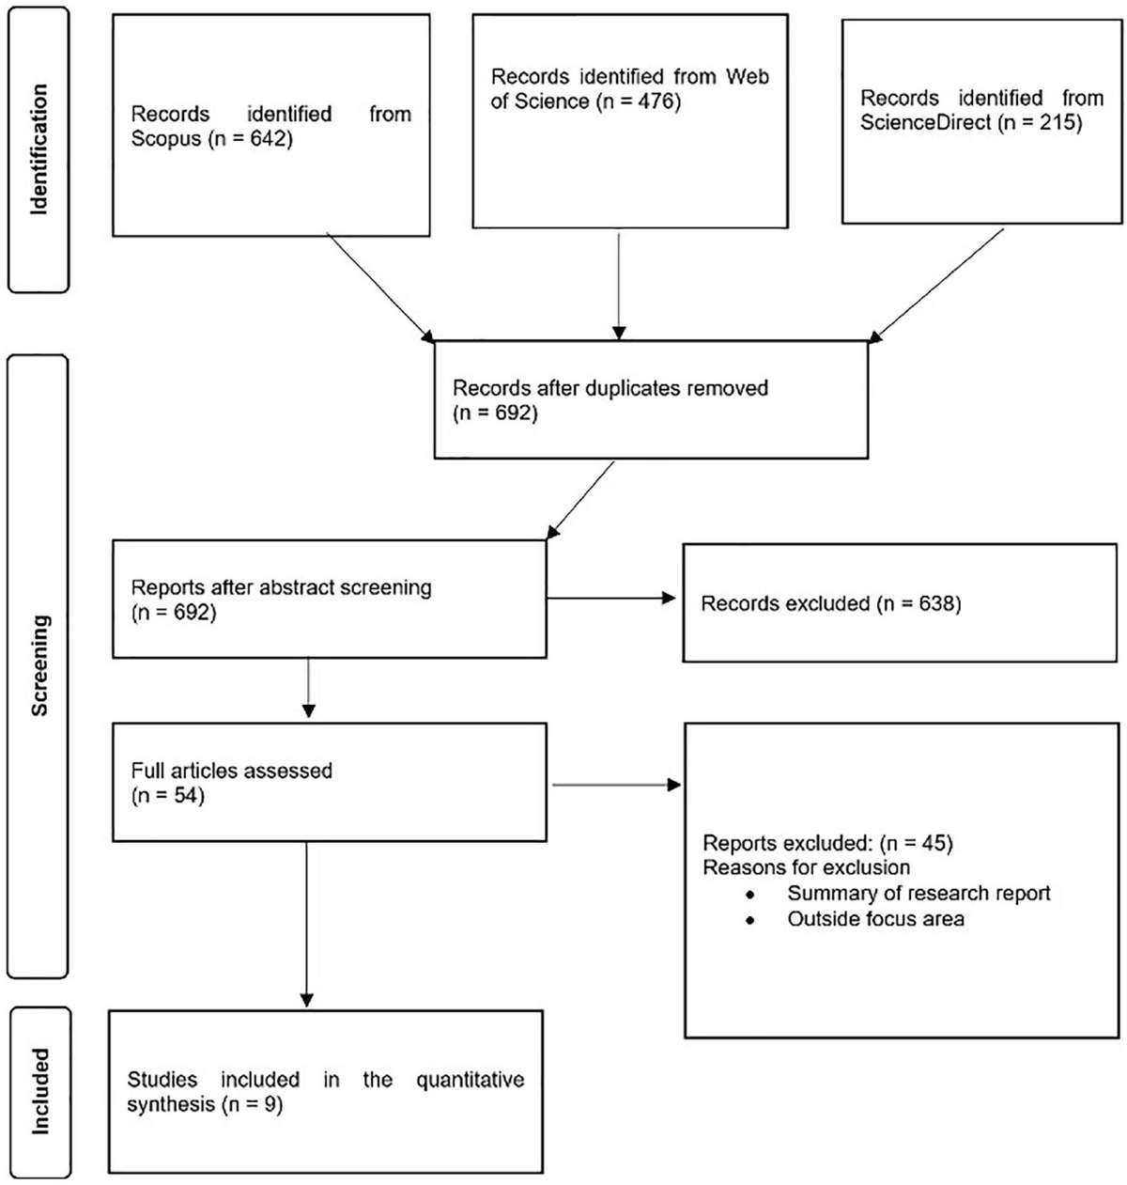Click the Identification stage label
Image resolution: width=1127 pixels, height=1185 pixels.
tap(39, 149)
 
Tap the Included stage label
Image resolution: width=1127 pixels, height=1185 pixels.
tap(39, 1092)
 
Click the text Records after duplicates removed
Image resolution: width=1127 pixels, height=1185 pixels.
tap(610, 387)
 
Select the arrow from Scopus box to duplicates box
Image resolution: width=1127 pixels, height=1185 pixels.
tap(379, 286)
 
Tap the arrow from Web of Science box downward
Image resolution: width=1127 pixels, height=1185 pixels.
tap(618, 286)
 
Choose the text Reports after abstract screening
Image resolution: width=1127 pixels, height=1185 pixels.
tap(281, 588)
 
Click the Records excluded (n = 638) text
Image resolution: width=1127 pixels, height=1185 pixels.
tap(831, 602)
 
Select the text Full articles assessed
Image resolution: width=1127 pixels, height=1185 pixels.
tap(231, 771)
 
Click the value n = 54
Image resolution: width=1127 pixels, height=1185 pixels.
tap(168, 796)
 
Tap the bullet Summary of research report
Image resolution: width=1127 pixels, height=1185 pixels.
tap(919, 893)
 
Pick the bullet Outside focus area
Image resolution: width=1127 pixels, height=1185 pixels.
tap(875, 919)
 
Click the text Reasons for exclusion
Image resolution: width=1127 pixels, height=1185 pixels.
tap(806, 867)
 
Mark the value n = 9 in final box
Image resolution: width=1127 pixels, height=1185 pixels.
tap(253, 1104)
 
